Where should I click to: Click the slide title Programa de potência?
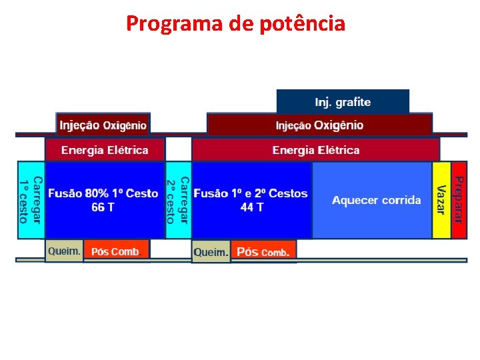235,24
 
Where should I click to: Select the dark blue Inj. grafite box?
343,102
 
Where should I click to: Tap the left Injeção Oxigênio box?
103,125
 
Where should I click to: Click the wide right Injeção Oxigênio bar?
319,125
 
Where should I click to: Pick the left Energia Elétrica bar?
105,150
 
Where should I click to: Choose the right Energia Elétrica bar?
315,150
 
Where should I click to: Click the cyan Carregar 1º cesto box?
31,199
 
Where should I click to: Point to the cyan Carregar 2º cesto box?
178,199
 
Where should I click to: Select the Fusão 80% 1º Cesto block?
103,199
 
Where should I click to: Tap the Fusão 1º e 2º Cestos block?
251,199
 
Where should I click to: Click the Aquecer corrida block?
376,200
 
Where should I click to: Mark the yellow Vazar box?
441,199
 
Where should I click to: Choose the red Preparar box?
459,199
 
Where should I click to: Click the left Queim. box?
64,251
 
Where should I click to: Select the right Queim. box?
211,253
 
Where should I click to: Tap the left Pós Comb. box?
116,251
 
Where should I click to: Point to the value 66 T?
103,207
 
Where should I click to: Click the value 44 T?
251,207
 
